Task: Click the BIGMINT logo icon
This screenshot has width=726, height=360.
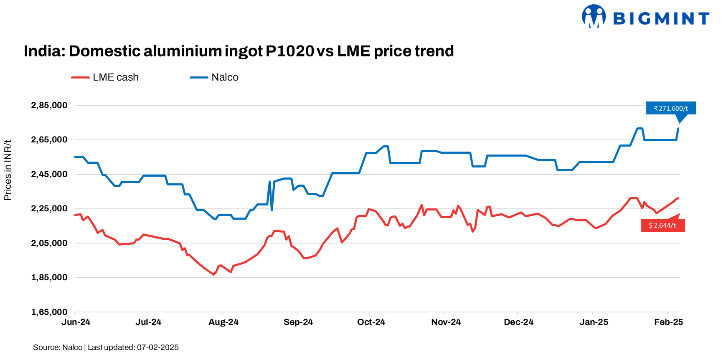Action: coord(594,16)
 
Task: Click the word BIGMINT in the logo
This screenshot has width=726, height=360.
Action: coord(661,18)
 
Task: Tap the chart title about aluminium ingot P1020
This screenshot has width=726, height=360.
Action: coord(239,51)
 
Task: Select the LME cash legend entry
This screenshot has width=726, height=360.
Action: coord(105,77)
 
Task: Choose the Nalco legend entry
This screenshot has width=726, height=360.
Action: coord(215,77)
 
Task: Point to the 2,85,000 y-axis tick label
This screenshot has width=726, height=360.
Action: coord(49,106)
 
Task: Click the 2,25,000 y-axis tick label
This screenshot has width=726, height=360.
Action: coord(49,209)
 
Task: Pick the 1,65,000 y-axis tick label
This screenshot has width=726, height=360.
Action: coord(49,312)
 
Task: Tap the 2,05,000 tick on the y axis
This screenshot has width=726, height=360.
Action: coord(49,243)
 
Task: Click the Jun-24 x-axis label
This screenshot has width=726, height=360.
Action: coord(76,322)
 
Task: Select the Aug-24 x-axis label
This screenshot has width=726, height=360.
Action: coord(223,322)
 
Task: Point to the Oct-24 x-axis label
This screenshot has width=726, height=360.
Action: coord(371,322)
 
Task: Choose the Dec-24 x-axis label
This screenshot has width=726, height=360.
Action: coord(518,322)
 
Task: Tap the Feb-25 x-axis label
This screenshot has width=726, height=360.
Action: coord(668,322)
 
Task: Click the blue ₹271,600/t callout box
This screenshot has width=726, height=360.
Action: coord(671,108)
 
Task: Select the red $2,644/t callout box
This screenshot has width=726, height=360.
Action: coord(663,226)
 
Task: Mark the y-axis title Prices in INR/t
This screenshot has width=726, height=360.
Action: coord(8,170)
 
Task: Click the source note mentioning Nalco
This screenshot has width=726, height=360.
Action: coord(106,347)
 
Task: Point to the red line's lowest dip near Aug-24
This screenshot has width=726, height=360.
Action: coord(213,274)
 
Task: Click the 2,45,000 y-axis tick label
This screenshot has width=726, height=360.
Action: coord(49,175)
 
